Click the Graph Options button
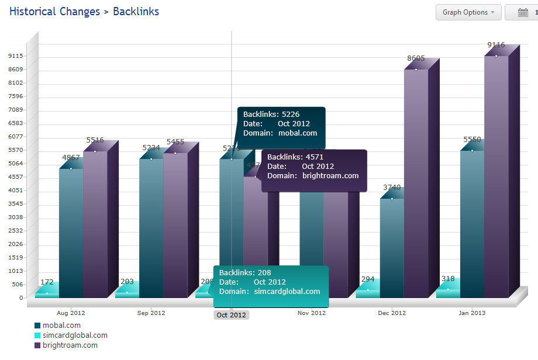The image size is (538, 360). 468,12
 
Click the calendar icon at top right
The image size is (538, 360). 523,13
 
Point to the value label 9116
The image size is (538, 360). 496,45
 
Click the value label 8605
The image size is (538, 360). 416,58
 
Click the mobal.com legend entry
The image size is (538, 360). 57,326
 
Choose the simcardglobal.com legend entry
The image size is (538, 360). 71,335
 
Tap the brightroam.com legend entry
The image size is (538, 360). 65,345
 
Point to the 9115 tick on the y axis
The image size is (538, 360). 16,56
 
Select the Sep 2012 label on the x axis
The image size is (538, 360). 151,313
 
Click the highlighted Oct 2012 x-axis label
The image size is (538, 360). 231,315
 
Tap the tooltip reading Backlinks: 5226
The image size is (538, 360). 281,124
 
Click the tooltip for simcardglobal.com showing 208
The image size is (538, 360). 271,286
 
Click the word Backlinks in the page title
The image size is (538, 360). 136,11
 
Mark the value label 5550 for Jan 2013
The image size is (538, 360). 472,140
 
